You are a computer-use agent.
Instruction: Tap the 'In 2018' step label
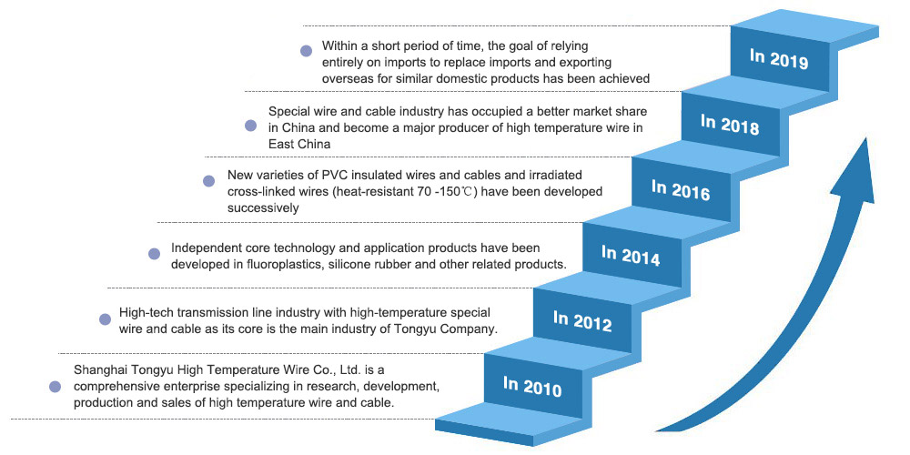(730, 125)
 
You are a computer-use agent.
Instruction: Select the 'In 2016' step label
(681, 190)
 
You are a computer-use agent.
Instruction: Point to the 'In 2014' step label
(631, 256)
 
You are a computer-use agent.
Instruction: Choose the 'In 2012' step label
(582, 321)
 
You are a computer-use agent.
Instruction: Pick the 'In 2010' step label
(532, 387)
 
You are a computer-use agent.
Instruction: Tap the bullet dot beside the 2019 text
(306, 51)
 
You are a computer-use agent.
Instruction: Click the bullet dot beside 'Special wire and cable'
(251, 126)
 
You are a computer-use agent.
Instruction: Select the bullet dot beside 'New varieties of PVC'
(209, 181)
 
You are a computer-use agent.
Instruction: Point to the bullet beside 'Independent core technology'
(155, 254)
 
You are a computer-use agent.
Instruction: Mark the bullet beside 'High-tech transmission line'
(105, 319)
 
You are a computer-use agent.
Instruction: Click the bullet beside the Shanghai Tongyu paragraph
(56, 387)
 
